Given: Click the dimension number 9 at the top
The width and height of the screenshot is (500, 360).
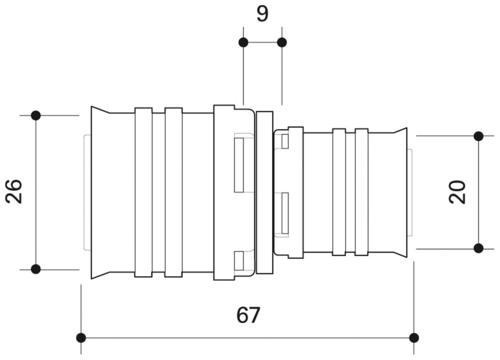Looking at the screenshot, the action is pos(262,14).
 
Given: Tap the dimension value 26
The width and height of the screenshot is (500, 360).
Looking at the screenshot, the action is pos(14,191).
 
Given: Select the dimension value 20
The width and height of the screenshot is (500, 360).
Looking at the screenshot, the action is pos(457,192).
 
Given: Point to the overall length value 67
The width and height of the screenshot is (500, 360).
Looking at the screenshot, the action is pos(248,315).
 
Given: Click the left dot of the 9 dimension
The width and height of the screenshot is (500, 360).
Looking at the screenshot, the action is pos(243,43).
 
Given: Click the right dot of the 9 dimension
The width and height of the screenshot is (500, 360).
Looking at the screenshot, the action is pos(282,43).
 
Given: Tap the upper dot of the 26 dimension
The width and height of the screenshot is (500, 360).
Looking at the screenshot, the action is pos(36,116).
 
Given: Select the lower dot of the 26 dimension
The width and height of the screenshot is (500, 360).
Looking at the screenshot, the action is pos(36,269).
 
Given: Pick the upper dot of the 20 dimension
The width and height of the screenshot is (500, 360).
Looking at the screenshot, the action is pos(479,136).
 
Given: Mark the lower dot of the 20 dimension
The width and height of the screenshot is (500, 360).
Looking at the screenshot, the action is pos(479,248).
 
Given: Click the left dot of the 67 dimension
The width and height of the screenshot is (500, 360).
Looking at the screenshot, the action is pos(81,338).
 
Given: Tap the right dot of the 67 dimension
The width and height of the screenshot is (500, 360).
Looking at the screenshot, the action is pos(414,338).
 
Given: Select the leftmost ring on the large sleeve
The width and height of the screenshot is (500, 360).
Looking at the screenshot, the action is pos(144,193).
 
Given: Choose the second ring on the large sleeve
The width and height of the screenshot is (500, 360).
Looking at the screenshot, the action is pos(174,193).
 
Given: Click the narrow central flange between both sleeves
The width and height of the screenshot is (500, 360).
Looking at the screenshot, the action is pos(264,193).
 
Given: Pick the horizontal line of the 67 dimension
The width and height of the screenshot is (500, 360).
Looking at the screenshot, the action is pos(247,338).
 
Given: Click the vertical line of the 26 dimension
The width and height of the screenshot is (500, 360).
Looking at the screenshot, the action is pos(36,193).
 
